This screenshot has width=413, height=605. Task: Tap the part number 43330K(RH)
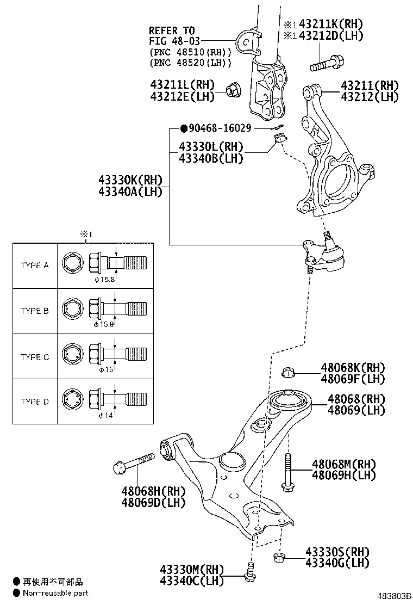click(x=131, y=180)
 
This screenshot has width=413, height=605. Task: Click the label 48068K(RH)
click(x=353, y=368)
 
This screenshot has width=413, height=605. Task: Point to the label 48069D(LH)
click(x=154, y=502)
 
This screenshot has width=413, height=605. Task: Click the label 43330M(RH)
click(x=192, y=570)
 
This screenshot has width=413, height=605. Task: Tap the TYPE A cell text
click(x=35, y=266)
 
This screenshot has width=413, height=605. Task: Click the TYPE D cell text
click(x=35, y=402)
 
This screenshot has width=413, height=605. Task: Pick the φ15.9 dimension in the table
click(x=103, y=324)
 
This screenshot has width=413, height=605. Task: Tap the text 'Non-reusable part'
click(x=55, y=593)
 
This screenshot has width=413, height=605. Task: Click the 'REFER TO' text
click(x=172, y=31)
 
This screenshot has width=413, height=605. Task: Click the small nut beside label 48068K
click(x=288, y=373)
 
